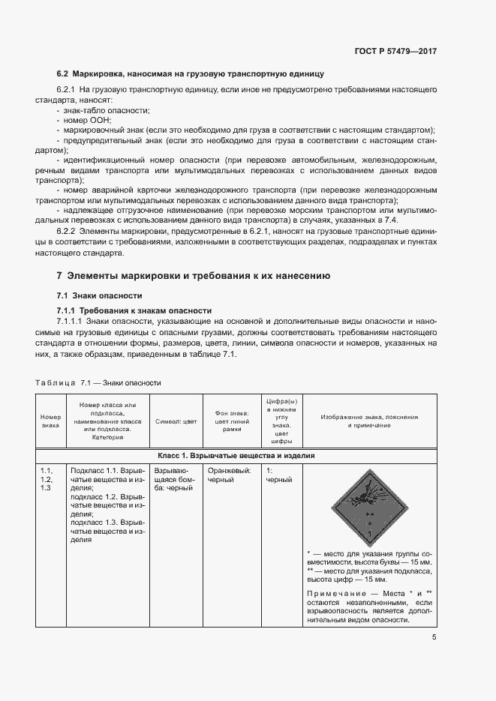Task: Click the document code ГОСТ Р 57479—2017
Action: (x=395, y=52)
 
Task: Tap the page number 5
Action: (x=434, y=638)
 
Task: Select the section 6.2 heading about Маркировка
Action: (x=190, y=75)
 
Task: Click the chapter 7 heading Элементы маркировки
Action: (x=194, y=275)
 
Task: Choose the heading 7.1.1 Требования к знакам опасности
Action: (x=135, y=310)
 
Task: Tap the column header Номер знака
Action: (x=50, y=421)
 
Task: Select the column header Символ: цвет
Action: (x=176, y=421)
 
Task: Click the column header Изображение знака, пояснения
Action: (x=368, y=421)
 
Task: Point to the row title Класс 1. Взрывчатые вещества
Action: (x=236, y=455)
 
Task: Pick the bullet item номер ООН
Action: (x=89, y=120)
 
